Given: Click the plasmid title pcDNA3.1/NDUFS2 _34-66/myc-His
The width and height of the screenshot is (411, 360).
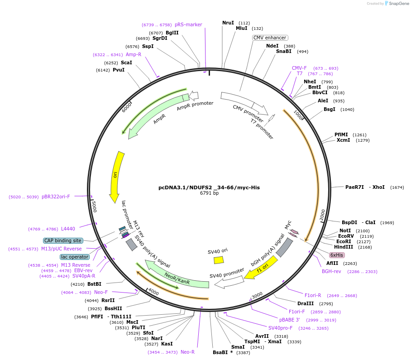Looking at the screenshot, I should [209, 187].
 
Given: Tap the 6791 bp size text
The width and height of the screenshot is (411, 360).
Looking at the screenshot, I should [209, 193].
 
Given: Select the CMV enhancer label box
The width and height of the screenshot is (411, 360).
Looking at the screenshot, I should [270, 38].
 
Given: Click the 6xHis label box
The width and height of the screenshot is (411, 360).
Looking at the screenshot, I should [336, 255].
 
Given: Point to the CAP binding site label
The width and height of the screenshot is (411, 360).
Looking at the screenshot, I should [63, 240].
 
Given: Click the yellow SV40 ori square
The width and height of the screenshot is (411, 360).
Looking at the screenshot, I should [219, 260].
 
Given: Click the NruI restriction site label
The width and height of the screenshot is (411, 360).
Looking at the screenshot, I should [228, 23].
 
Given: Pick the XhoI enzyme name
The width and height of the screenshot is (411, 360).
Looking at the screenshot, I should [379, 187].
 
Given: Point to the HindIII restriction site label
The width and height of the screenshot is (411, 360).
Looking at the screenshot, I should [346, 247].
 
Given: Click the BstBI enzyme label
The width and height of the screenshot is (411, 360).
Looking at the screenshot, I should [94, 284].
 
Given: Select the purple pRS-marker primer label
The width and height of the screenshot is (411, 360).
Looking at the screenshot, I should [188, 24].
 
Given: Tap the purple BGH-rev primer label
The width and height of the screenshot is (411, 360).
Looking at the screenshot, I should [331, 271].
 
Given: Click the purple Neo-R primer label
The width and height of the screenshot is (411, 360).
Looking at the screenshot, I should [187, 352].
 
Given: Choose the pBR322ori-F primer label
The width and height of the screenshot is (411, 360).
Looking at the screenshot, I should [56, 197].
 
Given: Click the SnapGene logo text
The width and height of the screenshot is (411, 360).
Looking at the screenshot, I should [399, 4].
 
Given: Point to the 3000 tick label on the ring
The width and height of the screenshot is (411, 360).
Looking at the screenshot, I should [257, 295].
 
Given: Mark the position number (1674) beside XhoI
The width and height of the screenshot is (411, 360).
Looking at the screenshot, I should [397, 187].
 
